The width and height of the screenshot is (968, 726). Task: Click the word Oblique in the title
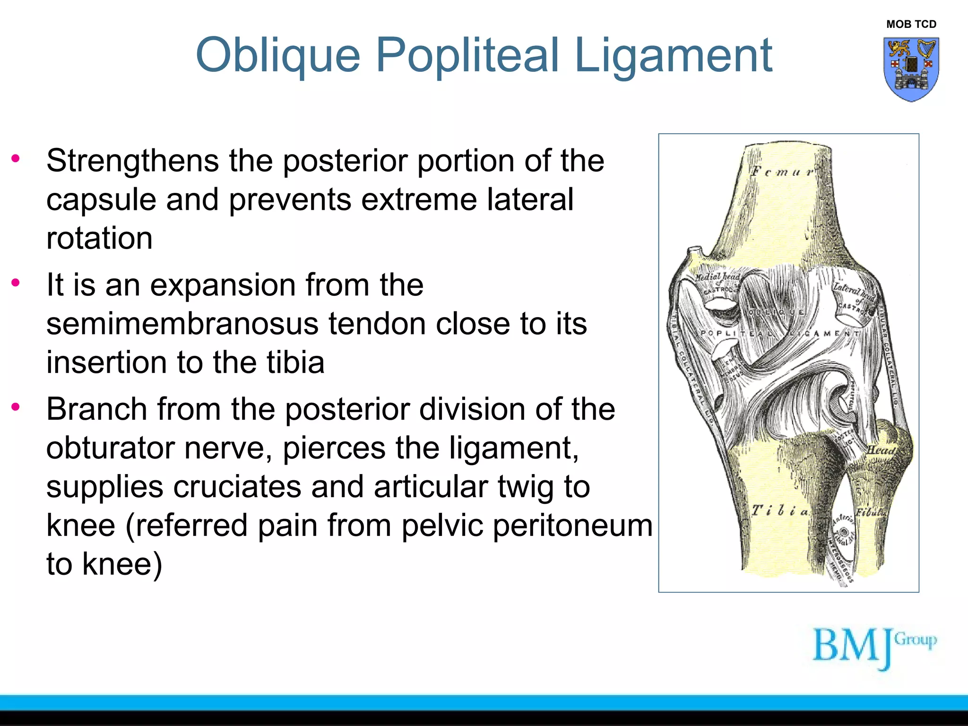278,56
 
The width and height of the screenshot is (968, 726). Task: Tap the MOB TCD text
911,24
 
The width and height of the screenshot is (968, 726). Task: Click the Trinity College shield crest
911,69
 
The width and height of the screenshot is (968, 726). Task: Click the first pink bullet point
16,158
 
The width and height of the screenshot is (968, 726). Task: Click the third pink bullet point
16,406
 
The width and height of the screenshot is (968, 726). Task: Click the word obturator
110,448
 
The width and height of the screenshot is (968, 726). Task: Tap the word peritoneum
574,525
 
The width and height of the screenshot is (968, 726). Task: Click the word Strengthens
132,161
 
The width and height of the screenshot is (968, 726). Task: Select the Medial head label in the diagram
717,277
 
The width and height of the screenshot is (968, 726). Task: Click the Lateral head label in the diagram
854,291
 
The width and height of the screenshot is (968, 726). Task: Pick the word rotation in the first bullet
99,238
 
